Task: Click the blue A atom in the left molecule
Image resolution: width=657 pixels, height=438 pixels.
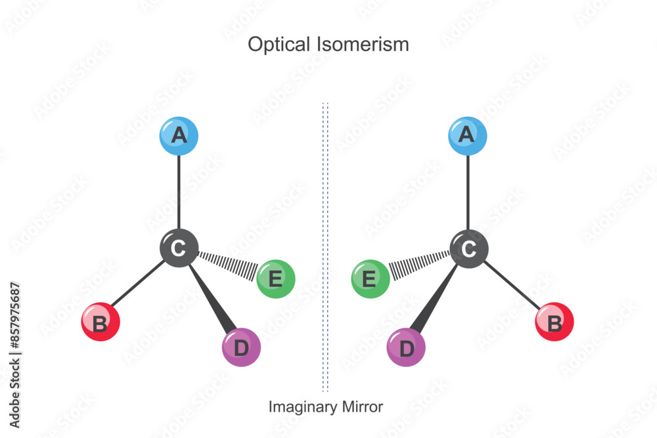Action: click(179, 136)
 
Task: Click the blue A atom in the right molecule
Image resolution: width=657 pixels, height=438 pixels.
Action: click(467, 136)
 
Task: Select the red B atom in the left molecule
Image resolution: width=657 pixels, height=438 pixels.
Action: click(101, 322)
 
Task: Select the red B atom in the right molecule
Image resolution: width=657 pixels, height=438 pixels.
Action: click(555, 322)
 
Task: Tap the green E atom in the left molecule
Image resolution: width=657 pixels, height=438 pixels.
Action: click(276, 279)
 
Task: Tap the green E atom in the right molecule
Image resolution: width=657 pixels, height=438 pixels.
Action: click(371, 279)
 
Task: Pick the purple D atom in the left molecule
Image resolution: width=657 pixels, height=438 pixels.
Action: click(241, 347)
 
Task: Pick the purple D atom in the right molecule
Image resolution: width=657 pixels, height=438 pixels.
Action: click(406, 347)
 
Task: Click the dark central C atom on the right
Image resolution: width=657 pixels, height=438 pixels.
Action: click(468, 248)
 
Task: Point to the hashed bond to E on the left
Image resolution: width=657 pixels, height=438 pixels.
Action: click(227, 263)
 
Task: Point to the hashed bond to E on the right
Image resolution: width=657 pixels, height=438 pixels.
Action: click(419, 263)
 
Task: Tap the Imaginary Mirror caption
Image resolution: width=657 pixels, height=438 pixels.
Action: click(325, 407)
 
